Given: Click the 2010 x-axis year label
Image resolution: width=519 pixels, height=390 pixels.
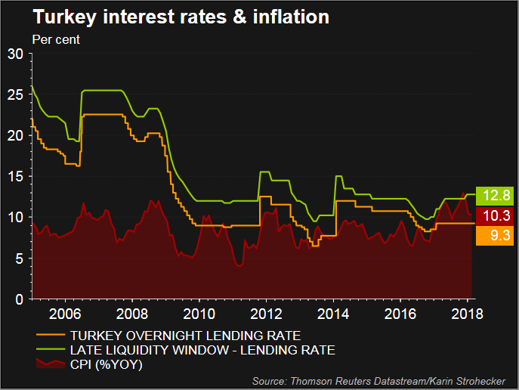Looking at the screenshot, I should click(x=199, y=313).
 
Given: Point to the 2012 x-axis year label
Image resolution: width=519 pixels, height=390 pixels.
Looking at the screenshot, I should click(x=266, y=313).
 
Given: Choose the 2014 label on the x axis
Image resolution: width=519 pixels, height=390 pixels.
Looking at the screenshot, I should click(x=333, y=313).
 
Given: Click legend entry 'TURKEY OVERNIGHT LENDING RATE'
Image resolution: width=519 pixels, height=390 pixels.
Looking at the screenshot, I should click(x=185, y=335).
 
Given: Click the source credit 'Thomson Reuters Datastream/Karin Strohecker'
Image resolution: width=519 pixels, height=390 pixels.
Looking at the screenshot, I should click(x=382, y=380).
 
